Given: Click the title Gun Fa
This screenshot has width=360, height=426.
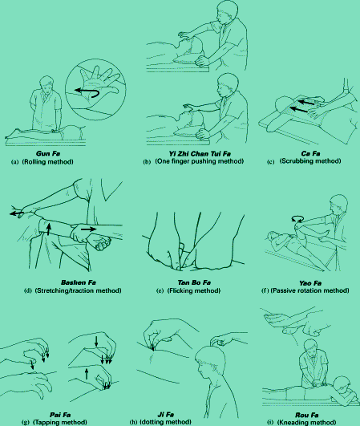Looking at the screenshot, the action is pyautogui.click(x=48, y=153).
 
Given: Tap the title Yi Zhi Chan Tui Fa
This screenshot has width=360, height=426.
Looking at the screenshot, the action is pyautogui.click(x=200, y=154).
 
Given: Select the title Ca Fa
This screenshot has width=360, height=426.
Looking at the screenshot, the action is pyautogui.click(x=310, y=154).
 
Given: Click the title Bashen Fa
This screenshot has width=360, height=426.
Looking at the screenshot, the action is pyautogui.click(x=79, y=282).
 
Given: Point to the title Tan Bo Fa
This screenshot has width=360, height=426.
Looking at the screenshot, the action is pyautogui.click(x=194, y=282).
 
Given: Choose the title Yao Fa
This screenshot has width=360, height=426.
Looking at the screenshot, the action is pyautogui.click(x=310, y=283).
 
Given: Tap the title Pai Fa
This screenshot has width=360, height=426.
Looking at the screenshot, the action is pyautogui.click(x=60, y=415).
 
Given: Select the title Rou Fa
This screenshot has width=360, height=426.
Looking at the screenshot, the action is pyautogui.click(x=307, y=415).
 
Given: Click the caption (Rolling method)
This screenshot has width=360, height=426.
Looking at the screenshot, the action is pyautogui.click(x=48, y=161).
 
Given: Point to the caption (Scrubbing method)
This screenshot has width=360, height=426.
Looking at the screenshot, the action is pyautogui.click(x=310, y=160).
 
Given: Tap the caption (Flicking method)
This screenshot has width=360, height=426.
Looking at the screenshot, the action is pyautogui.click(x=194, y=290).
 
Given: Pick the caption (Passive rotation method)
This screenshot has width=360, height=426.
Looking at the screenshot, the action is pyautogui.click(x=310, y=290).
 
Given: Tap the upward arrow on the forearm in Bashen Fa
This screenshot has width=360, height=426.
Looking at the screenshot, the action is pyautogui.click(x=49, y=229).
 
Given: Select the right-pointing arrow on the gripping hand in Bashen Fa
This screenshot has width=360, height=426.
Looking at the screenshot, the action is pyautogui.click(x=89, y=229).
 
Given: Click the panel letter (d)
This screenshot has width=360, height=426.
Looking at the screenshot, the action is pyautogui.click(x=28, y=290).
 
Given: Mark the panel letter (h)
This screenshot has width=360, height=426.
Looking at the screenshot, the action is pyautogui.click(x=133, y=422).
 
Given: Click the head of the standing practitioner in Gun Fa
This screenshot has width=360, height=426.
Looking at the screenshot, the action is pyautogui.click(x=47, y=83).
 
